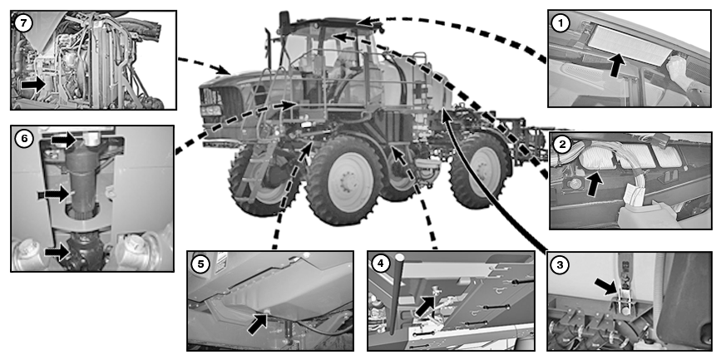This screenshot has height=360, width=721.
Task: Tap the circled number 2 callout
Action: pos(562,145)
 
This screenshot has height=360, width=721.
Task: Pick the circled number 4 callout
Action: pos(381,264)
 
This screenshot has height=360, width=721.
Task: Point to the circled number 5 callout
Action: pos(200,264)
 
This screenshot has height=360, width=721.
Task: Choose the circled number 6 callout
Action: pos(24,139)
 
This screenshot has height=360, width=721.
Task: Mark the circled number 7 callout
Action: pos(23,23)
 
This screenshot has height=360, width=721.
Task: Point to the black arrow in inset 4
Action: pos(425,305)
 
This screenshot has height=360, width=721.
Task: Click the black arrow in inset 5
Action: pos(258,323)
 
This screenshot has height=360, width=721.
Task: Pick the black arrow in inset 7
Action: pos(33,85)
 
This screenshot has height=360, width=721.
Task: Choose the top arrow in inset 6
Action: pos(63,140)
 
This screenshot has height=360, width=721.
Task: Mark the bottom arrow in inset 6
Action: pos(57,252)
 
